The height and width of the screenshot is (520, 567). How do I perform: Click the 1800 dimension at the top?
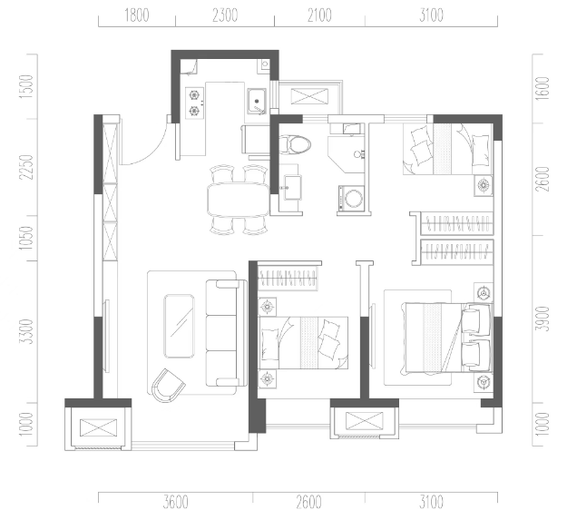[x=137, y=15]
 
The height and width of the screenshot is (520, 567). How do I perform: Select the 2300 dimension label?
[x=225, y=15]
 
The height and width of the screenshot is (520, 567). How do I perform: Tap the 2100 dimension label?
[x=319, y=15]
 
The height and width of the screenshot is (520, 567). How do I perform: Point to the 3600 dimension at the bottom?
[x=175, y=502]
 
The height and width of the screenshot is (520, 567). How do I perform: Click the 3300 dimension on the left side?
[x=26, y=331]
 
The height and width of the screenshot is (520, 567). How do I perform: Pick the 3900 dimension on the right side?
[x=543, y=319]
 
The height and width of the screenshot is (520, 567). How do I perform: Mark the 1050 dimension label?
[x=26, y=238]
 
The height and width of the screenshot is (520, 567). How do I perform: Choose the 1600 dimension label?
[x=543, y=89]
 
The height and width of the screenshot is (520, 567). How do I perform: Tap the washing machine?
[x=351, y=198]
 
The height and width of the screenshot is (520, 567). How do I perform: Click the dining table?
[x=239, y=200]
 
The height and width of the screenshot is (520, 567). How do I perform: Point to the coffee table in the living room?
[x=179, y=326]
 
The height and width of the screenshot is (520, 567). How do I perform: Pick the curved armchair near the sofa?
[x=168, y=386]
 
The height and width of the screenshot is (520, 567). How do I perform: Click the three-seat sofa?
[x=226, y=333]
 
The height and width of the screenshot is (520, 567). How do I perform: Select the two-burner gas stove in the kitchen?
[x=194, y=103]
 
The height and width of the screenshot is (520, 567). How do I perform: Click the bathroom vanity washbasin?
[x=292, y=187]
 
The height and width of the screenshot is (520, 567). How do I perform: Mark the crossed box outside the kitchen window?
[x=310, y=96]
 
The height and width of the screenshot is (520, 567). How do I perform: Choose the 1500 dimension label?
[x=26, y=87]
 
